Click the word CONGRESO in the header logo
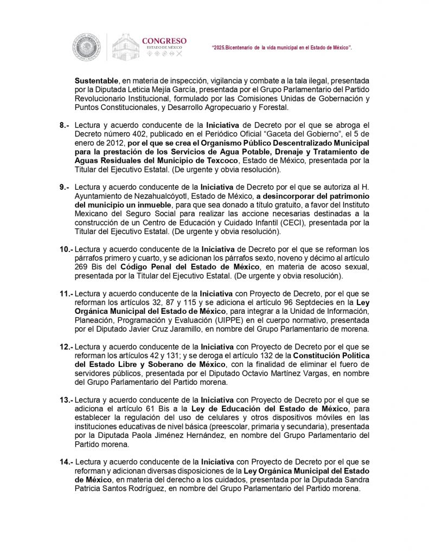pyautogui.click(x=164, y=41)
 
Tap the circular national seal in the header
pyautogui.click(x=87, y=46)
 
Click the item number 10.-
pyautogui.click(x=67, y=248)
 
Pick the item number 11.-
pyautogui.click(x=67, y=293)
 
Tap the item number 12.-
pyautogui.click(x=67, y=346)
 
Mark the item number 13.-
pyautogui.click(x=67, y=399)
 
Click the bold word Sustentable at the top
pyautogui.click(x=97, y=80)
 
